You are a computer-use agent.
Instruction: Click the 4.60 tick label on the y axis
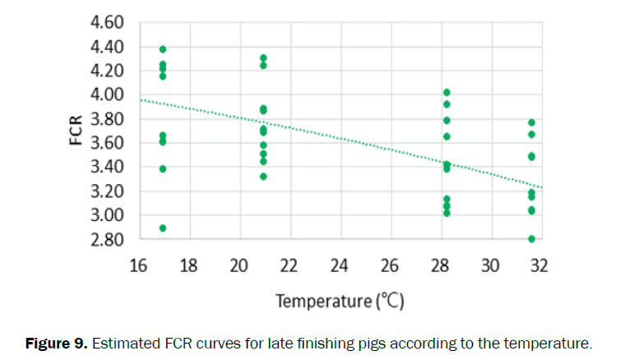[x=106, y=22]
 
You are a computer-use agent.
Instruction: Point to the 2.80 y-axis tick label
[x=106, y=239]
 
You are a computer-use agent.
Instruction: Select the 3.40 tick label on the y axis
[x=106, y=167]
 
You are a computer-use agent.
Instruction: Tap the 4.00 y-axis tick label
[x=106, y=95]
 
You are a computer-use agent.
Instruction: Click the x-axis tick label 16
[x=138, y=266]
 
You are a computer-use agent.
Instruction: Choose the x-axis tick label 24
[x=339, y=266]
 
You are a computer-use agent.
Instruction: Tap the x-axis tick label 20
[x=238, y=266]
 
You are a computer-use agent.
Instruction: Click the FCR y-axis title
[x=76, y=131]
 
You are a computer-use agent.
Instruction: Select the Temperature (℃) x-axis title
[x=339, y=301]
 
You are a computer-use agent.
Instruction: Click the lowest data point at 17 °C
[x=163, y=228]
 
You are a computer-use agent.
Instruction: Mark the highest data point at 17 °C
[x=163, y=49]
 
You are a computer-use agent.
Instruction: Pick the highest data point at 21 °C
[x=263, y=58]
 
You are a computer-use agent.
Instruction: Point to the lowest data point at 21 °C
[x=263, y=176]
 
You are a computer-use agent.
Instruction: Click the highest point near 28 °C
[x=447, y=92]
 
